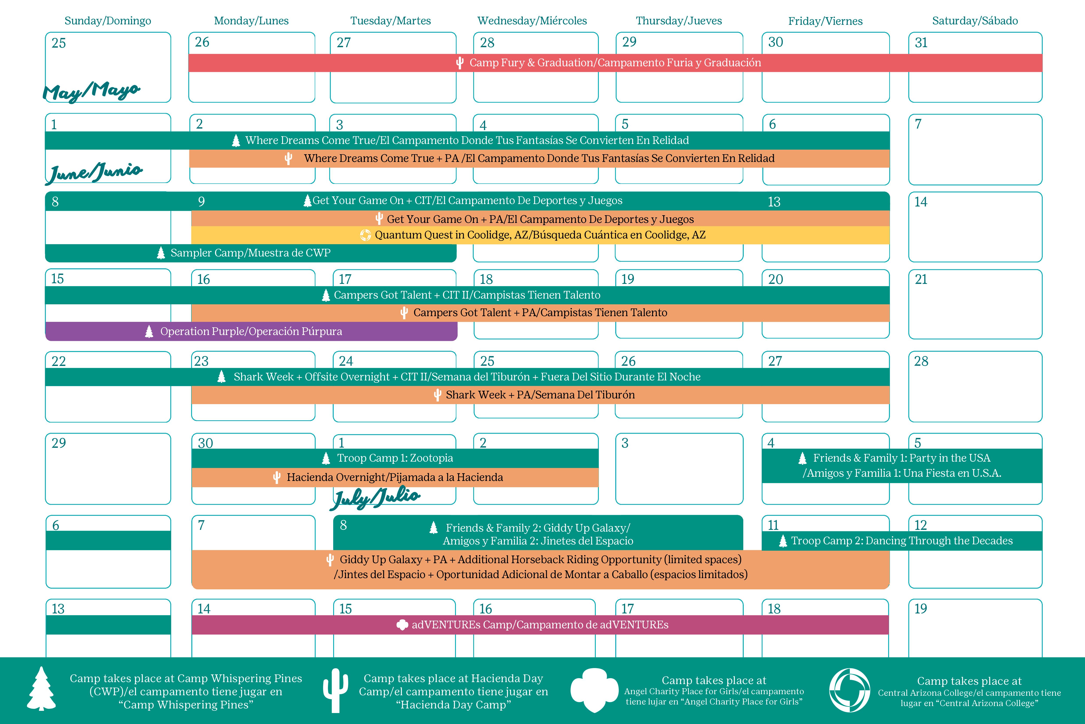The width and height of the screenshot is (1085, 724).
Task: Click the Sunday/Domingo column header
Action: pyautogui.click(x=107, y=21)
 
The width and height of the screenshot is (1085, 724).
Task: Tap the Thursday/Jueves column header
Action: pyautogui.click(x=679, y=21)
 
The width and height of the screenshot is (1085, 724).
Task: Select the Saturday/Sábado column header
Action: pyautogui.click(x=975, y=21)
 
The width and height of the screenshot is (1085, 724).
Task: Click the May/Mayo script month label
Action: pyautogui.click(x=91, y=91)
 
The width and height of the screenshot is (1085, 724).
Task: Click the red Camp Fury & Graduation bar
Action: pyautogui.click(x=615, y=63)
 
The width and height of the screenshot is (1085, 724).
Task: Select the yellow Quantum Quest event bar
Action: pyautogui.click(x=540, y=235)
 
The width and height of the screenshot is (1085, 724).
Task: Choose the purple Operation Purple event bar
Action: pyautogui.click(x=251, y=332)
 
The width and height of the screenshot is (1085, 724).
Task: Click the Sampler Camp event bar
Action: pyautogui.click(x=251, y=253)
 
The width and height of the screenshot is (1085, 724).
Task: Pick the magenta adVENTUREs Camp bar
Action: pyautogui.click(x=540, y=625)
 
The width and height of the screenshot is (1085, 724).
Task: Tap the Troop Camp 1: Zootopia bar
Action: pyautogui.click(x=395, y=458)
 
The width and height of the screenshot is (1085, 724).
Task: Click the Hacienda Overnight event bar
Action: pyautogui.click(x=395, y=477)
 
